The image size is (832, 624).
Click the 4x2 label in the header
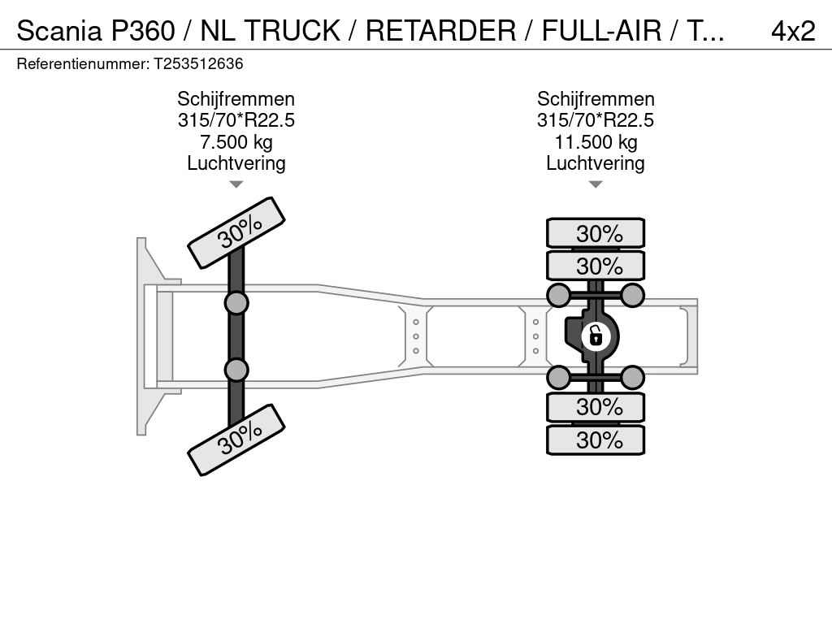(x=793, y=31)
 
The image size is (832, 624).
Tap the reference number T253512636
(x=198, y=63)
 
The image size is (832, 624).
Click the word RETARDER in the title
(x=440, y=31)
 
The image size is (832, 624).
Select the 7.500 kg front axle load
(x=236, y=142)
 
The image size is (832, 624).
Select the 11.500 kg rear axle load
(x=596, y=142)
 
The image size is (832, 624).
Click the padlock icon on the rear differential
(x=596, y=336)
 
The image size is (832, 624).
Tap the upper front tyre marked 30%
(x=236, y=232)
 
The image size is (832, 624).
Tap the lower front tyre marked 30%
(x=236, y=440)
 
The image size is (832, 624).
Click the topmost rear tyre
(x=596, y=233)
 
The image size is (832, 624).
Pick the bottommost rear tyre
(x=596, y=440)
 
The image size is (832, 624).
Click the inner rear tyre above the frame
(x=596, y=266)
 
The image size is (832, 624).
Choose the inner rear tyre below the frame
(x=596, y=408)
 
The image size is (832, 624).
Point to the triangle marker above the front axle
(x=236, y=184)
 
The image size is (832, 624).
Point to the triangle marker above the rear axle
(x=596, y=184)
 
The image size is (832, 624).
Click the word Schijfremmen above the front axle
(x=236, y=99)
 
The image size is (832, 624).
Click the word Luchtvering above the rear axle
(x=596, y=163)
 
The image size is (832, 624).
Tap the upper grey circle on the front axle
(x=236, y=304)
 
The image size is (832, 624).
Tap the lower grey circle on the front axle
(x=236, y=370)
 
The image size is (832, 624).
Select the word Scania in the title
(x=58, y=31)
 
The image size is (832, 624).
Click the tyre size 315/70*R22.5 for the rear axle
(x=596, y=120)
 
